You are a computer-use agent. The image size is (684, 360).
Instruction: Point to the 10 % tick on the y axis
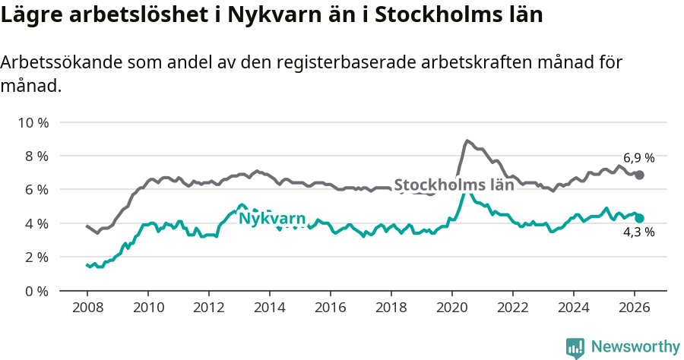[33, 122]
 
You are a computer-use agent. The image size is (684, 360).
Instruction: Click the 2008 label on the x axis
[87, 308]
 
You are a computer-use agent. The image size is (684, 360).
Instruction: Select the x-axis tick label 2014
[269, 308]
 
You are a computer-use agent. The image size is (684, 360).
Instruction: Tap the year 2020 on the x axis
[452, 308]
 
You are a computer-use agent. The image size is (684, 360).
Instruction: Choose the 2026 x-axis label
[635, 308]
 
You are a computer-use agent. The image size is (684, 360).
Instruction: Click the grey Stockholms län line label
[454, 185]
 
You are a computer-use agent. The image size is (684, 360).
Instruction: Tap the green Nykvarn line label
[272, 219]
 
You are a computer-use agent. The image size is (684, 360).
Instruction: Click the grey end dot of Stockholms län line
[640, 175]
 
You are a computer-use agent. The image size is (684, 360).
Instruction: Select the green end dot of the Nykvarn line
[640, 218]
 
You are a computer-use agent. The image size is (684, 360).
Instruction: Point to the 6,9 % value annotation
[639, 158]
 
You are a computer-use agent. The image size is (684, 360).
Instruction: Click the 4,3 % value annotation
[639, 232]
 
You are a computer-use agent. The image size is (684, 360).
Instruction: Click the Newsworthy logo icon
[575, 347]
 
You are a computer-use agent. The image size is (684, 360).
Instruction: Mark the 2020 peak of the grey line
[467, 141]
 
